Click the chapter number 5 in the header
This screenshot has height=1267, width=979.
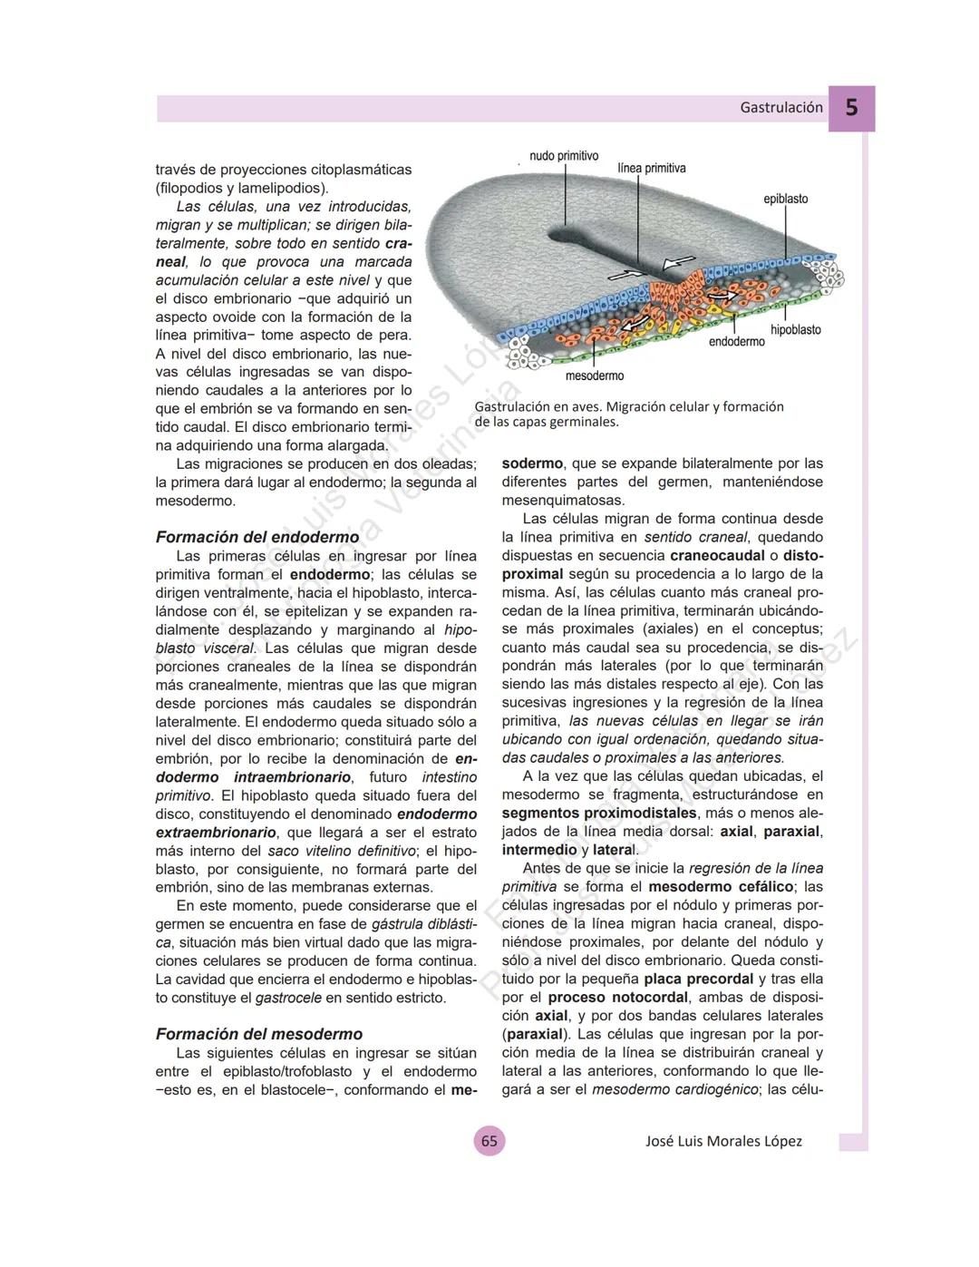[x=851, y=108]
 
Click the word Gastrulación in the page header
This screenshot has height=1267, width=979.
[x=781, y=107]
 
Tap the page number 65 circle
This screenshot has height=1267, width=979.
[x=489, y=1141]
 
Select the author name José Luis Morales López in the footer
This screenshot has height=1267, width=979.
[x=723, y=1141]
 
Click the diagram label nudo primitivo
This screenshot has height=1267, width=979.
[x=564, y=157]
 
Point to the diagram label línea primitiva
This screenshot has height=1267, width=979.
[x=651, y=169]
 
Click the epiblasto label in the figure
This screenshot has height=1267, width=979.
[x=785, y=199]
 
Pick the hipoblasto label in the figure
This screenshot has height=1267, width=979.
[x=796, y=330]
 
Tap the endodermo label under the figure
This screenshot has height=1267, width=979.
[x=736, y=342]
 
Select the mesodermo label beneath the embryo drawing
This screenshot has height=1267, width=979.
[x=594, y=375]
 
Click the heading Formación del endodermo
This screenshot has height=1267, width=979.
[x=257, y=537]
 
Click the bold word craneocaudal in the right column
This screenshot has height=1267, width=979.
[x=717, y=555]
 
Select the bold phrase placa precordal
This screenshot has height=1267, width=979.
[x=698, y=979]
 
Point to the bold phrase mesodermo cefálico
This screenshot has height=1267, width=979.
[x=721, y=886]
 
